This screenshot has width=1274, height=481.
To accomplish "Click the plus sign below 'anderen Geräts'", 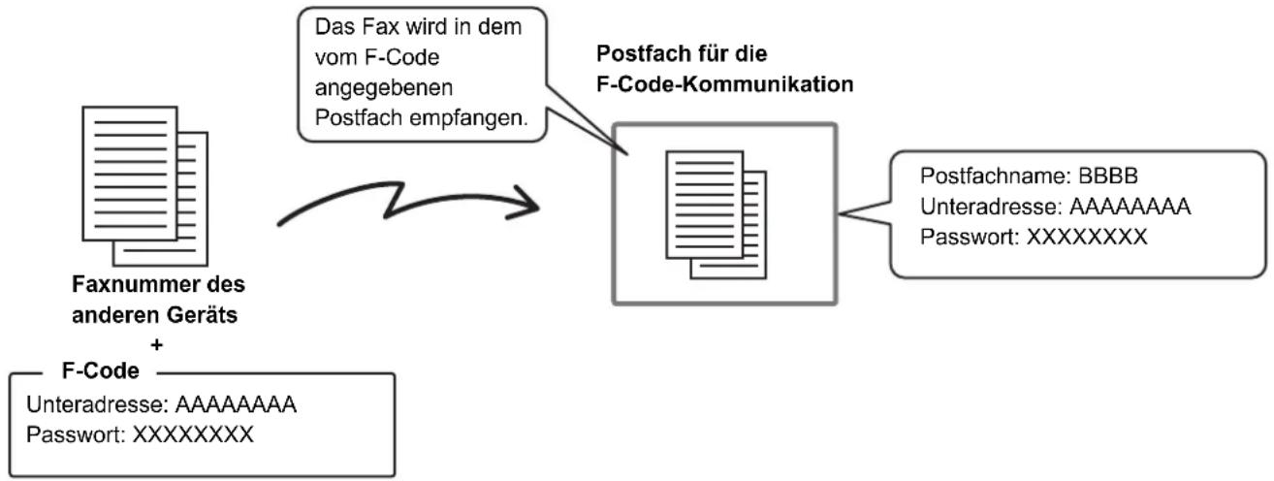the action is (156, 344).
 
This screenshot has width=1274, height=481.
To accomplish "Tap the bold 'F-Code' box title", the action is (101, 370).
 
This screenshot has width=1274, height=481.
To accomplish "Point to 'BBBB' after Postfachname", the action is (1108, 176).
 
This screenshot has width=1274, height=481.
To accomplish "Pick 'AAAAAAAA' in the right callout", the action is (1131, 207).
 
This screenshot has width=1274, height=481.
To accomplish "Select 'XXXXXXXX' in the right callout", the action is (1086, 237).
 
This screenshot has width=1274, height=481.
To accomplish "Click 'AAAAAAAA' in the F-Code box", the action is (236, 404).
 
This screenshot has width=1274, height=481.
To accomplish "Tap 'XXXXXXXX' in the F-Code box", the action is (193, 434).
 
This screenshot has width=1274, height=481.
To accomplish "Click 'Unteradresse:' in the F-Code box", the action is (98, 404).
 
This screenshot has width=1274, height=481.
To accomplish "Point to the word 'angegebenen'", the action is (384, 88).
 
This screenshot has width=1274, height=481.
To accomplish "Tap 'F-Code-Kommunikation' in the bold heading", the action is (724, 84).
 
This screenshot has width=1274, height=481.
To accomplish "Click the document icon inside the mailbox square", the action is (717, 214).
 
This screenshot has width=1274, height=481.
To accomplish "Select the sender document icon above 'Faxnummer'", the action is (145, 186).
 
